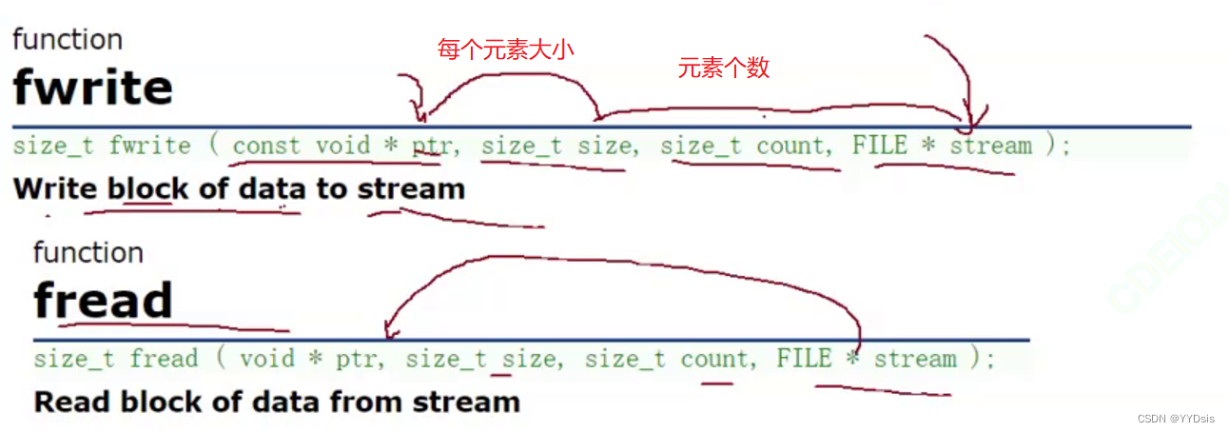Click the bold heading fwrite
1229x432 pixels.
92,88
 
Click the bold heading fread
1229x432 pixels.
103,301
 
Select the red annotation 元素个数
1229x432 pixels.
723,68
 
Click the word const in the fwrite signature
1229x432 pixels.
261,146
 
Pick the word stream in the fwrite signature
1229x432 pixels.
990,146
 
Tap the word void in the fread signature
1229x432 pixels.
267,359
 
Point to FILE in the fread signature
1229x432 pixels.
805,359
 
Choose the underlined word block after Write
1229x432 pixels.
146,188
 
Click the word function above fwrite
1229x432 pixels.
68,39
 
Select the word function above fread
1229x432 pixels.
88,252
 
